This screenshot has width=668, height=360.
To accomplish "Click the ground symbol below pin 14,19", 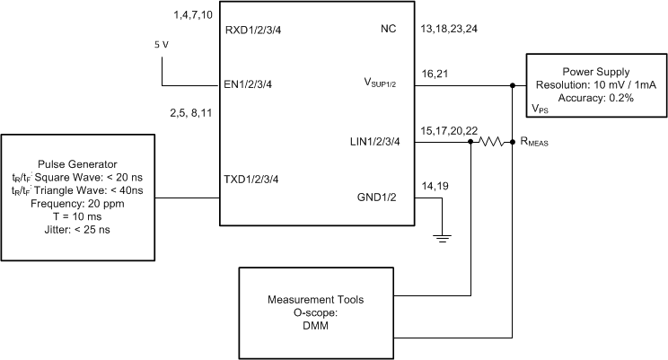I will pos(442,238).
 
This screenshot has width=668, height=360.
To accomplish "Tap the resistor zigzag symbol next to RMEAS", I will pos(491,142).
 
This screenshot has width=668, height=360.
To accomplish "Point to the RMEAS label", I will pos(535,141).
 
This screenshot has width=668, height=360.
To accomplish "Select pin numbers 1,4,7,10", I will pos(191,16).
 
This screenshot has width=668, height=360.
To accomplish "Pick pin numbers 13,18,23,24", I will pos(450,28).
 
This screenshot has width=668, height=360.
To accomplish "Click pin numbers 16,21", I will pos(433,72).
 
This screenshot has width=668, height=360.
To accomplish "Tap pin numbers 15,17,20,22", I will pos(445,129).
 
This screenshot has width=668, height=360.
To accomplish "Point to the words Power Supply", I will pos(595,70).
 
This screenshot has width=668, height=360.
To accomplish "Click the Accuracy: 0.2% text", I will pos(595,98).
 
